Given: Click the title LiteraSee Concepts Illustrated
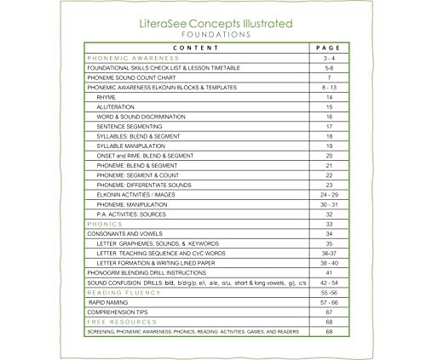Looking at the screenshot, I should (x=212, y=25).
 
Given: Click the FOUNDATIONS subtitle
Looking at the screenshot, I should (x=212, y=37).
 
